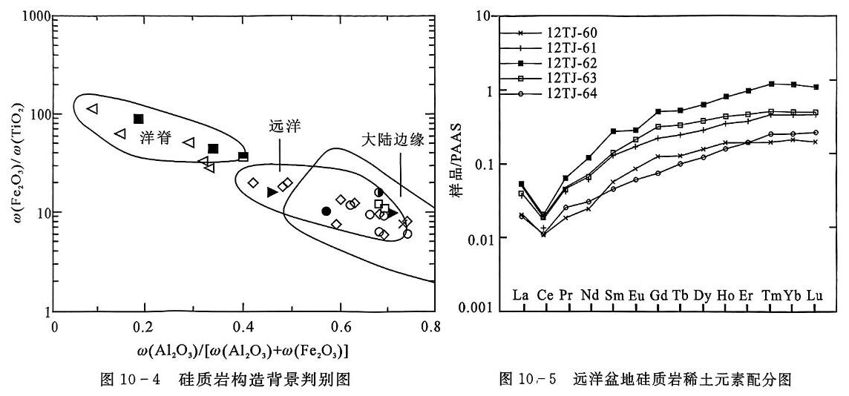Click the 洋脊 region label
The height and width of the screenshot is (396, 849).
coord(150,138)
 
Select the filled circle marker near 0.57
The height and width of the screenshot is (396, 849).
coord(326,211)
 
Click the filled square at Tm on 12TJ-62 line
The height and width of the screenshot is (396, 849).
coord(772,84)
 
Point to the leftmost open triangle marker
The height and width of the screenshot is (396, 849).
coord(92,109)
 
